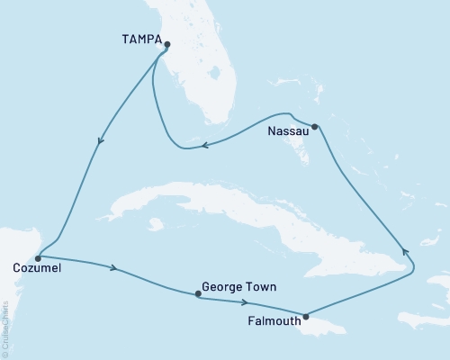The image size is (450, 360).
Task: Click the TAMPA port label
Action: pos(139,41)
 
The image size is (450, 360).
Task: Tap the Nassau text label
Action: pos(288,130)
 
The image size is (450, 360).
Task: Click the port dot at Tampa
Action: pos(167,43)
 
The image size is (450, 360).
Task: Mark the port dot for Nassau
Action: pos(314,127)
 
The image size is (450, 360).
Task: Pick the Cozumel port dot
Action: pos(37,257)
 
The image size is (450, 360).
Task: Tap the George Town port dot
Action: pos(198,293)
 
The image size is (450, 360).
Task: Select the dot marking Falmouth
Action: pos(307,316)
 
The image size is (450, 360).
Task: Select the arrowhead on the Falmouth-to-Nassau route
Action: pos(404,253)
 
